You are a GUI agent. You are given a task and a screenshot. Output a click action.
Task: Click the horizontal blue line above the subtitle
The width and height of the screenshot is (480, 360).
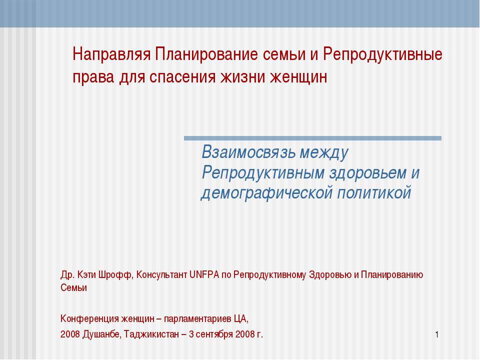tap(312, 138)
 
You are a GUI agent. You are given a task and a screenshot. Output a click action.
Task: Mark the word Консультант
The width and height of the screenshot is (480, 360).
tap(162, 274)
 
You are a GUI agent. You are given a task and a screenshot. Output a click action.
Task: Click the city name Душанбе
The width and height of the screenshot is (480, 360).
tap(100, 334)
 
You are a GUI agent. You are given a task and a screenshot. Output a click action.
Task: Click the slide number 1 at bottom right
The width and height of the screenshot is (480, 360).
tap(436, 334)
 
